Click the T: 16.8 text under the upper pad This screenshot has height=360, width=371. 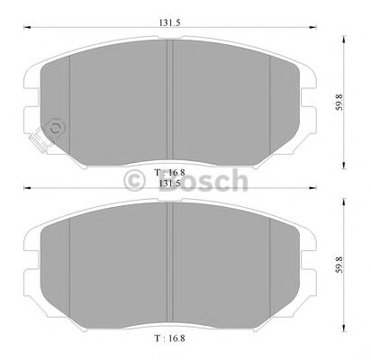167,171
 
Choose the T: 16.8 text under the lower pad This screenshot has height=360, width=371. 167,340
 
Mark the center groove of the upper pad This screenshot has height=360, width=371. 170,99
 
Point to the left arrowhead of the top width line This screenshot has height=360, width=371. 24,31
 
